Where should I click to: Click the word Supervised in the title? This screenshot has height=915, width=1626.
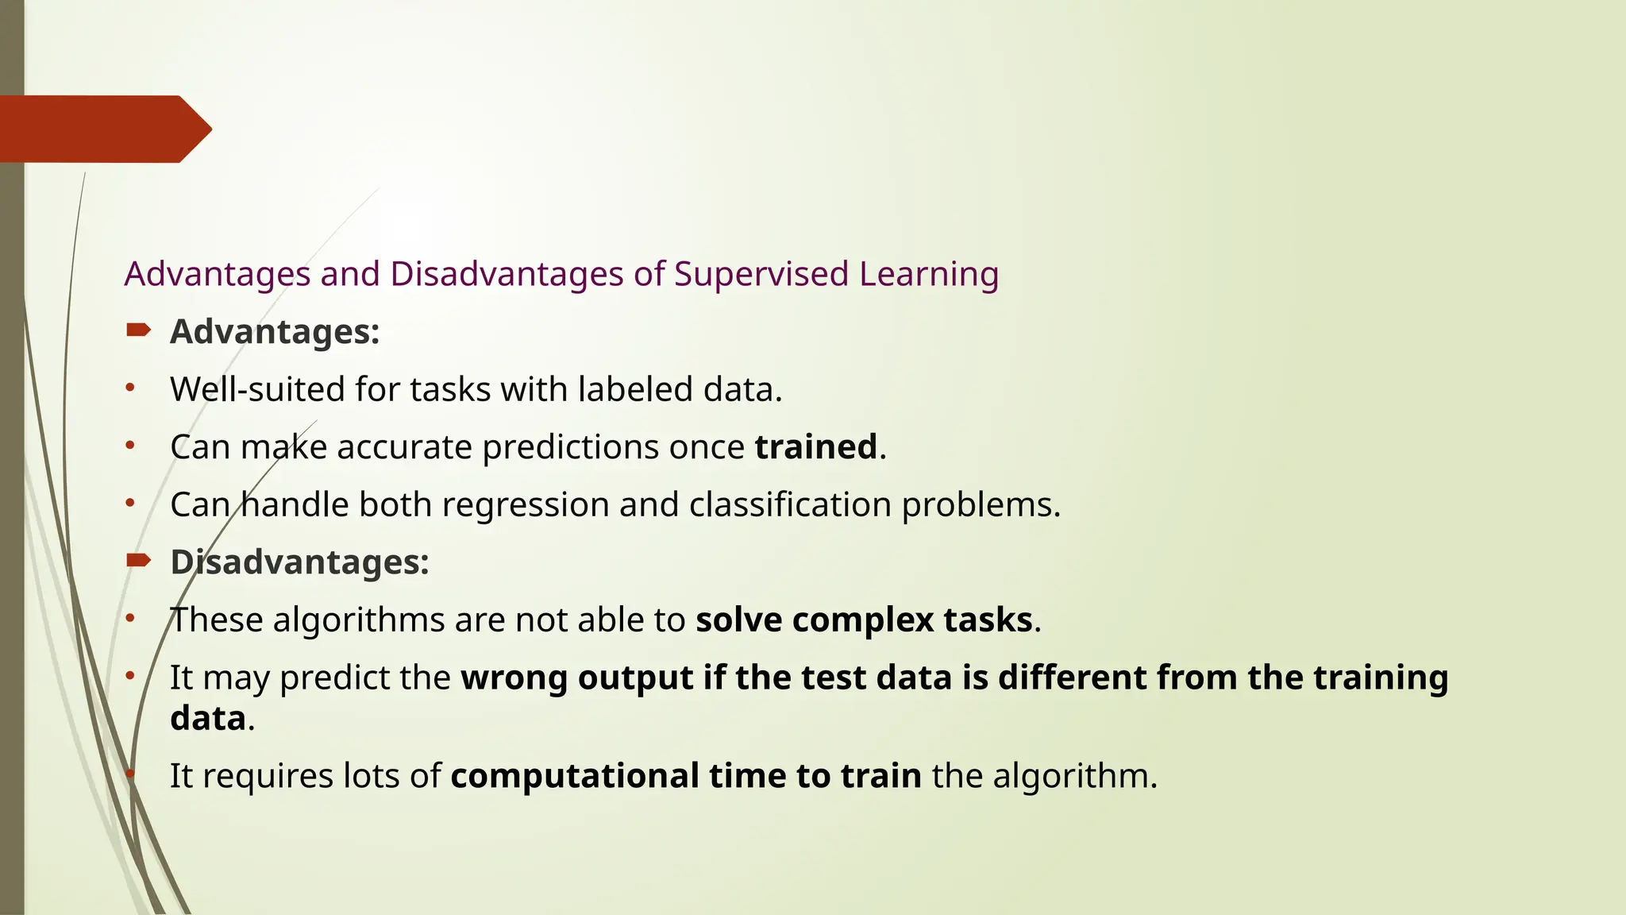761,274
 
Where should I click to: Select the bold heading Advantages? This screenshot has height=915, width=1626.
275,331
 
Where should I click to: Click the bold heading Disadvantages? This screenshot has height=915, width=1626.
299,562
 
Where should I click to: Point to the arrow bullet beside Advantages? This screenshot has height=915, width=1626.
138,330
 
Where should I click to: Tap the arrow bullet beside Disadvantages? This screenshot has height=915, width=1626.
138,561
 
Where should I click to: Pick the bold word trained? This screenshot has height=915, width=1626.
815,446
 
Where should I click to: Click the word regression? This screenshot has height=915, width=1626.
526,505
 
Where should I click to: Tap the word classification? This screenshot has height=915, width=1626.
790,504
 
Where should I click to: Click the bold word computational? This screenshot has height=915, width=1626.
575,775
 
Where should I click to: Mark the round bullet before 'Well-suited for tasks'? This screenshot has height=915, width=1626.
130,388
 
